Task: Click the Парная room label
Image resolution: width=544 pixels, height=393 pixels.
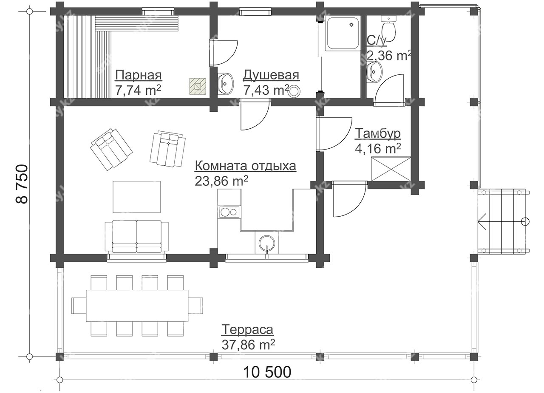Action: pos(139,75)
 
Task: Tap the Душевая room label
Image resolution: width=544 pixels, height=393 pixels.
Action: pos(271,75)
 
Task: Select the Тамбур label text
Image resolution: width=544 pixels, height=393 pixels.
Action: pos(378,133)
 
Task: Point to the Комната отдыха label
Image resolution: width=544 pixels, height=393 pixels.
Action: pos(246,166)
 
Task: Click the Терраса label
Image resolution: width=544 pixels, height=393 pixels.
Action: pos(247,330)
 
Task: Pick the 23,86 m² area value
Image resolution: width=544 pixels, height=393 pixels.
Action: pos(221,181)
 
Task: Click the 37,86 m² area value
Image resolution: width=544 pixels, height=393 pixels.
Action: pos(248,345)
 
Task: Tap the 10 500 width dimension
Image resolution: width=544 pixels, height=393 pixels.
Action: pos(267,372)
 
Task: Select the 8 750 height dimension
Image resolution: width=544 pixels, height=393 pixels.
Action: pos(22,184)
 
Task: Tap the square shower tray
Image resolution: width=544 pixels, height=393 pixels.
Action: pos(343,33)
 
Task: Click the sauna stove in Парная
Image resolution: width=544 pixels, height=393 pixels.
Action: pos(198,86)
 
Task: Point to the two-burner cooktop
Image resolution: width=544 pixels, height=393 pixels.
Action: pos(229,212)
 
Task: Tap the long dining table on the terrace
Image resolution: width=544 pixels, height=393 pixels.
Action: pos(137,305)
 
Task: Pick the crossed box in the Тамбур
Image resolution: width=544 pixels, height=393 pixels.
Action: pos(391,169)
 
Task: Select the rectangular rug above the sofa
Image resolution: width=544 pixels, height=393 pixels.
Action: pos(136,197)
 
